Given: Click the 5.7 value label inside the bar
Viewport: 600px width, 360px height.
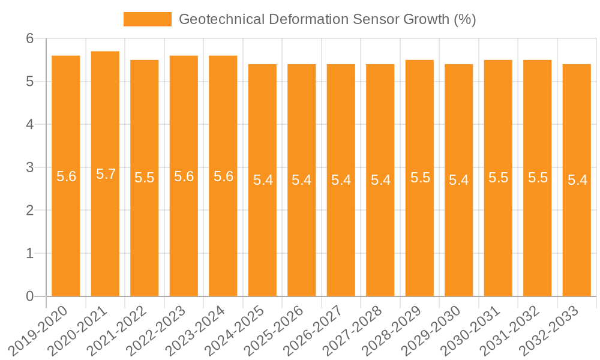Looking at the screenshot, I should [106, 175].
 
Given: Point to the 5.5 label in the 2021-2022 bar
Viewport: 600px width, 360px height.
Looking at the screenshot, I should [145, 178].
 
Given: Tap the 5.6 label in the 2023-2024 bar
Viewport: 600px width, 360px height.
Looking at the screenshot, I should [223, 176].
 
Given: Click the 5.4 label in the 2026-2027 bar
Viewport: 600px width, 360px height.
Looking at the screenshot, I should [341, 180].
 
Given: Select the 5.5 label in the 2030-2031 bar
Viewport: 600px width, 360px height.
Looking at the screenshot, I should [498, 178].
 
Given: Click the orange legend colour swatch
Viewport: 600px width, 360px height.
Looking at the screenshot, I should [147, 19].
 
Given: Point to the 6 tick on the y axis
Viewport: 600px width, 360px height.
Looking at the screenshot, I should [31, 38].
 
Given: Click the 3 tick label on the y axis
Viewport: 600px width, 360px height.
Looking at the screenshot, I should [31, 167].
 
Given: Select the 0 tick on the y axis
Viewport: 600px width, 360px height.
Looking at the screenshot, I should [31, 296].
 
